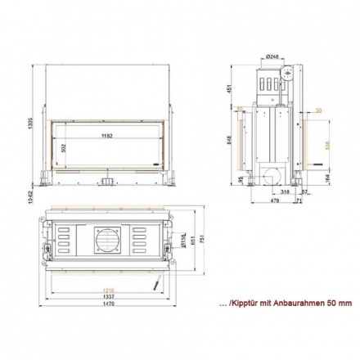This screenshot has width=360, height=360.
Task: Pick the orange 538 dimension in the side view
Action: click(x=328, y=145)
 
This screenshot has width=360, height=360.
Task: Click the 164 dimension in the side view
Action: click(x=328, y=176)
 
